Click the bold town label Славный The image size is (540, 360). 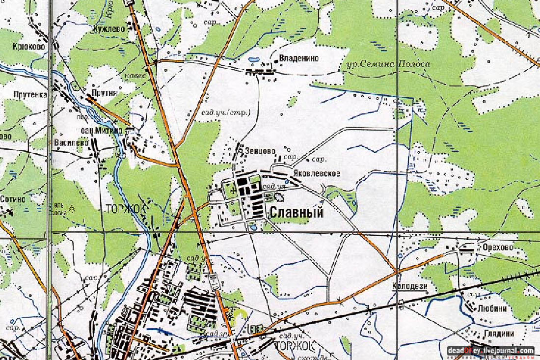(296, 213)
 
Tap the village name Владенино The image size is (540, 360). (298, 58)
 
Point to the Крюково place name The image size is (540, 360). (29, 46)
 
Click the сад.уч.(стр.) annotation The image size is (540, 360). (226, 113)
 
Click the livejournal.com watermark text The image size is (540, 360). (491, 350)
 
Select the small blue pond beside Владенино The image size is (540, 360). (254, 60)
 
